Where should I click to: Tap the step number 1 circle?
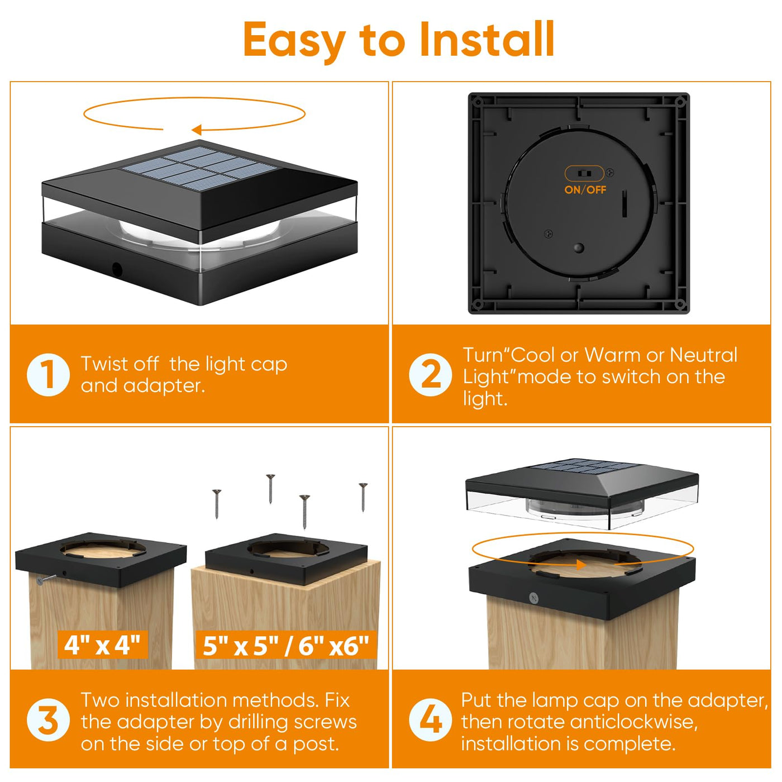click(x=48, y=375)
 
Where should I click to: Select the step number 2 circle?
click(x=430, y=375)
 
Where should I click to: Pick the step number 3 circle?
click(x=48, y=720)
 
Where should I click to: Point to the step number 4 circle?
click(x=430, y=720)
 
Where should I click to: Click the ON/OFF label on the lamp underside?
click(x=585, y=189)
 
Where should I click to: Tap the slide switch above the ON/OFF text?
click(x=584, y=173)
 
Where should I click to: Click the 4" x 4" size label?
click(x=102, y=645)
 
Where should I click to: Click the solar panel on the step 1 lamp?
click(x=200, y=169)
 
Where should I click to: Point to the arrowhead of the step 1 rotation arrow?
click(x=197, y=130)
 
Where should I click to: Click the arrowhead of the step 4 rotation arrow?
click(x=581, y=565)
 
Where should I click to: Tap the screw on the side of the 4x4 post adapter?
click(x=45, y=579)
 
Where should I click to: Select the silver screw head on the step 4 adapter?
click(x=533, y=597)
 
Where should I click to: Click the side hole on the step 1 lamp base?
click(x=117, y=268)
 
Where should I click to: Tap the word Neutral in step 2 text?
click(x=703, y=355)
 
